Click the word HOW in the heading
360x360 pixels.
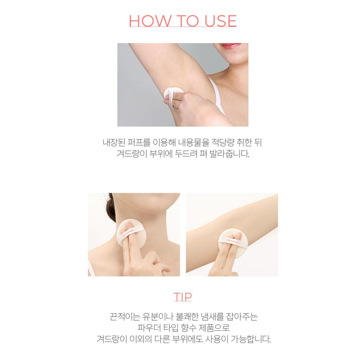point(150,21)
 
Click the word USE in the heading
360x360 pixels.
point(220,21)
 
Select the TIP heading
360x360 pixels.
point(182,297)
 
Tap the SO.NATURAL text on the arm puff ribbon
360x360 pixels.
point(233,242)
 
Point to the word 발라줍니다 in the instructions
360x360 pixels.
point(229,154)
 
